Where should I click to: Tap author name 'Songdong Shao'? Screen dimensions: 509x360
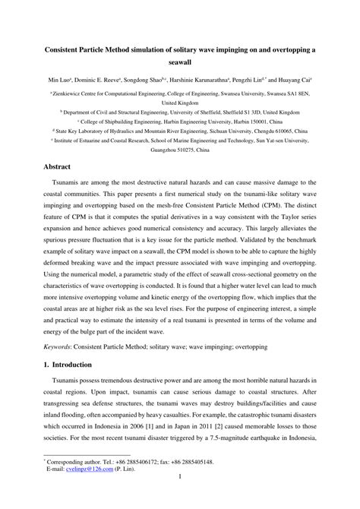point(139,79)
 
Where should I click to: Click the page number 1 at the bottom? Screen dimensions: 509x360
point(180,499)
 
